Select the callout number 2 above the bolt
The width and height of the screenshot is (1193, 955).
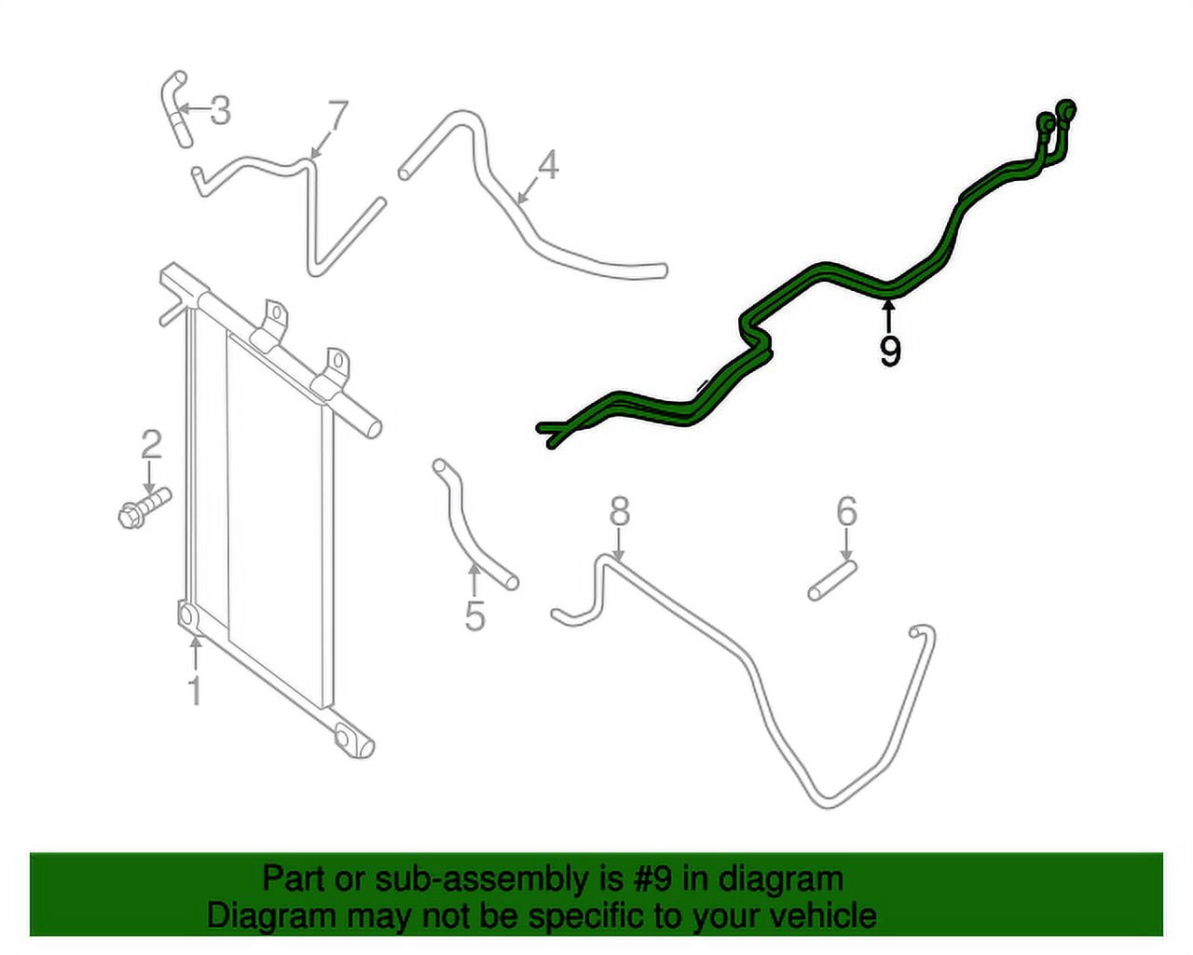pos(151,444)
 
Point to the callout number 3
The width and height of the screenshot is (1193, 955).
pos(220,110)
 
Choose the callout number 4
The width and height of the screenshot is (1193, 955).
pos(548,165)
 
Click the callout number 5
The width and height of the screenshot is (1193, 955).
pos(475,616)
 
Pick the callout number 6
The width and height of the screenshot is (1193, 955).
pos(846,511)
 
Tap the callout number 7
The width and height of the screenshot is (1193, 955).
pos(337,116)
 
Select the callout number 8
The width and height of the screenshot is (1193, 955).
pos(620,511)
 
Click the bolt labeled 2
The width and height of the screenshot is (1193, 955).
pos(144,508)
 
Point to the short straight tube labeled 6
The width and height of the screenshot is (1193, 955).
pos(832,581)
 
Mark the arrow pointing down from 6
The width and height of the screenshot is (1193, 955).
pos(846,545)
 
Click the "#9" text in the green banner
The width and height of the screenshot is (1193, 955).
pos(656,879)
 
